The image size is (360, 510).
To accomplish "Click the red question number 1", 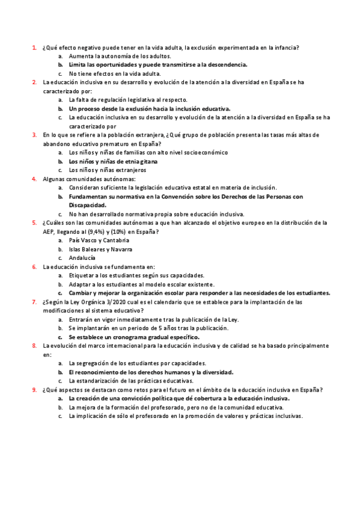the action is [x=34, y=47].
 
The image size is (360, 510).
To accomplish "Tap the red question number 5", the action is [x=34, y=223].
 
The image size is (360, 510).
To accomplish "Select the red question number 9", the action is [x=34, y=390].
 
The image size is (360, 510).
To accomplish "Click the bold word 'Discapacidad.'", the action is [x=88, y=205].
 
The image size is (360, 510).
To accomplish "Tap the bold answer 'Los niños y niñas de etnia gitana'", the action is [x=113, y=162].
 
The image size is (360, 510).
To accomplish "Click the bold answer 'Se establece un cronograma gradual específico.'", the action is [x=133, y=337].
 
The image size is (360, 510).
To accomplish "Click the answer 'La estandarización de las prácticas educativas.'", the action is [x=131, y=381].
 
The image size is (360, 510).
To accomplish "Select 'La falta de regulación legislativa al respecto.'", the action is [x=128, y=100].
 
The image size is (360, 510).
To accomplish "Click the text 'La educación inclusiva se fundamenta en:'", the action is [x=99, y=266].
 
